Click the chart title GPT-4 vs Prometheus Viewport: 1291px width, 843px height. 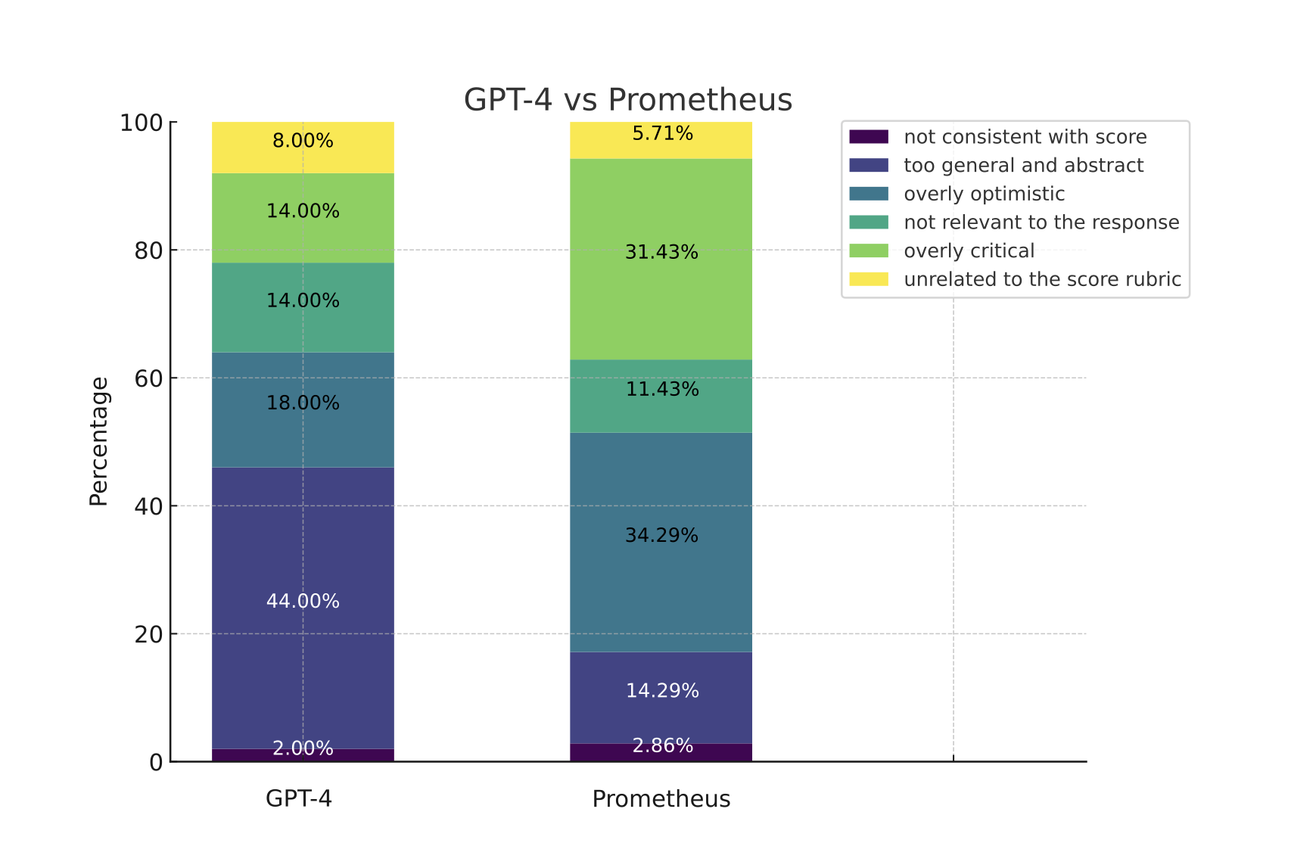[x=627, y=100]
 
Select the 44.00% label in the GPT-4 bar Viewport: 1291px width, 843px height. [x=303, y=602]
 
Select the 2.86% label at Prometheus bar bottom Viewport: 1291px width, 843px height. [x=662, y=746]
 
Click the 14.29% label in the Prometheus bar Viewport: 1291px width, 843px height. [x=662, y=691]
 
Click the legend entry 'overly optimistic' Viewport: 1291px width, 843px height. [x=984, y=194]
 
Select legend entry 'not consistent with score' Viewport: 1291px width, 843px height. [x=1025, y=137]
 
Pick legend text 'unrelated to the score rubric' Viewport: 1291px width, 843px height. [x=1042, y=280]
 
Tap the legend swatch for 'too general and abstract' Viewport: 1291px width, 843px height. [x=869, y=166]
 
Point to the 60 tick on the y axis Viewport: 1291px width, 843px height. [x=149, y=378]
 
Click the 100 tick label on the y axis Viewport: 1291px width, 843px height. [x=142, y=123]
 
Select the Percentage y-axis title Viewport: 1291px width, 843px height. [x=99, y=441]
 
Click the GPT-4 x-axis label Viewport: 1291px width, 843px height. [x=299, y=799]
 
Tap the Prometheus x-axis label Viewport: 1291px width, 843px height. [x=661, y=799]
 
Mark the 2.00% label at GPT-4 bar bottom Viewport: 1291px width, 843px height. [x=303, y=748]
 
